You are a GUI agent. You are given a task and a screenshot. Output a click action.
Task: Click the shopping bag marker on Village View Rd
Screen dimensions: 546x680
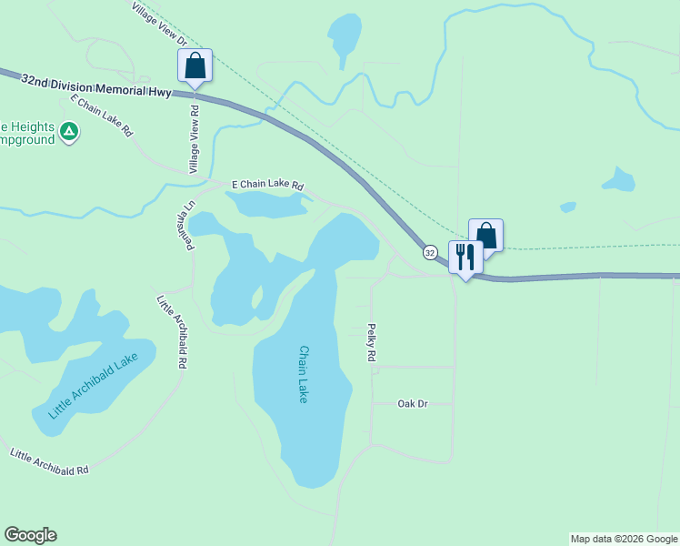195,66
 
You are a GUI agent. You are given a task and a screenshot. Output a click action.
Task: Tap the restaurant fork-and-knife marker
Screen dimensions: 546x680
465,258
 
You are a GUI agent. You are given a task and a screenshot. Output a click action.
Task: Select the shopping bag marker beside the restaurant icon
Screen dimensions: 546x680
486,237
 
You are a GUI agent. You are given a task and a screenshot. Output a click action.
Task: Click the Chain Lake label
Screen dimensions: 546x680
304,374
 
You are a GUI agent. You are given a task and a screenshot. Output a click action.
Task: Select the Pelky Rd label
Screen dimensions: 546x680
371,343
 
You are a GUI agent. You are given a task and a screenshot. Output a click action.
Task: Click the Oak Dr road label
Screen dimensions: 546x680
412,403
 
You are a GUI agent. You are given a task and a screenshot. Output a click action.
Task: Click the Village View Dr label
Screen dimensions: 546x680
159,25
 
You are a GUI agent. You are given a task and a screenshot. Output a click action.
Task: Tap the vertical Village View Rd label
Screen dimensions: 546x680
194,139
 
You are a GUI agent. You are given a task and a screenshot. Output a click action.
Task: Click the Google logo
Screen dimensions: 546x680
30,535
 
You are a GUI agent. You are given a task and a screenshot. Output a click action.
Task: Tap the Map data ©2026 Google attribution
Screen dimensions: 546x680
624,539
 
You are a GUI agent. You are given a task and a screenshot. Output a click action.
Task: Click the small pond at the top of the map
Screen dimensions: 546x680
345,35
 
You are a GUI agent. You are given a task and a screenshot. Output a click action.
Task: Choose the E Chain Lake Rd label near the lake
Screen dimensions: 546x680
267,184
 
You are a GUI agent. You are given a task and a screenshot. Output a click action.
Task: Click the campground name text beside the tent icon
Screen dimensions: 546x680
27,134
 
